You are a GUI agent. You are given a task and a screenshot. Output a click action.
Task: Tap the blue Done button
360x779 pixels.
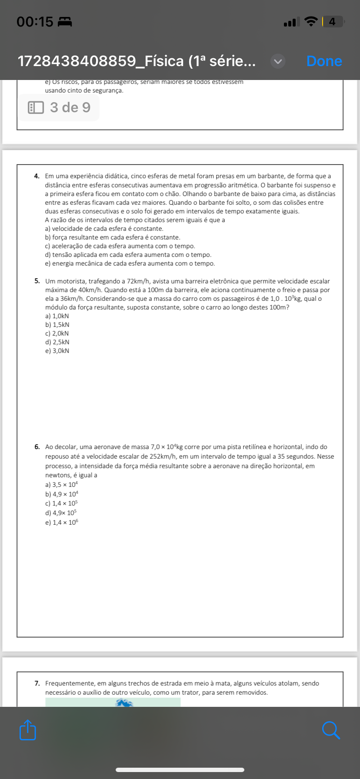pos(324,61)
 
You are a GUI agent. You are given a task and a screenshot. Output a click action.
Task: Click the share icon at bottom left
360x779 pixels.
pos(28,730)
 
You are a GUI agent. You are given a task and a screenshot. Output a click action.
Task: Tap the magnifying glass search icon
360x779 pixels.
pos(331,730)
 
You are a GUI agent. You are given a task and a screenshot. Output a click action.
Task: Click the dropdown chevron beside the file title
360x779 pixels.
pos(278,61)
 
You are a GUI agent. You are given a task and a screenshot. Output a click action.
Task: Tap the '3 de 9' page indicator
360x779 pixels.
pos(59,107)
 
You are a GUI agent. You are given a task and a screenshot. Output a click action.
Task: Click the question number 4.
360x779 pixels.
pos(37,176)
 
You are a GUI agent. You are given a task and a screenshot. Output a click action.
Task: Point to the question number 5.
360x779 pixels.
pos(37,281)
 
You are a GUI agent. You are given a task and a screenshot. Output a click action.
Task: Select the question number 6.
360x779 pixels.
pos(37,447)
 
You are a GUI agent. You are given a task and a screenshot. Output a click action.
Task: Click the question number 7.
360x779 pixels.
pos(37,683)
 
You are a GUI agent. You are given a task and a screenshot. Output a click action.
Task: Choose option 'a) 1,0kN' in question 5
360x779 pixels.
pos(57,316)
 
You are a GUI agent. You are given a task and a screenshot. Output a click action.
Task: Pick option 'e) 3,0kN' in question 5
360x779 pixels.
pos(57,351)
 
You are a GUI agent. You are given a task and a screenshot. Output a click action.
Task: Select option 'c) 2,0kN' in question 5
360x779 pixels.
pos(57,333)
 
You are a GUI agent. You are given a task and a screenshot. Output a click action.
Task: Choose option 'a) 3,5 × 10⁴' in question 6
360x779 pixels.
pos(62,484)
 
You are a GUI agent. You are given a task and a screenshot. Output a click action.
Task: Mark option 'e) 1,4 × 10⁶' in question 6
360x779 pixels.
pos(62,523)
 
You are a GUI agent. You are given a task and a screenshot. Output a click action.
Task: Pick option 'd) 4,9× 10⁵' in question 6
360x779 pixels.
pos(61,513)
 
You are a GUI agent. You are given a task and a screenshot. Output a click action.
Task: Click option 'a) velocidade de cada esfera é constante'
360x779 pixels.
pos(104,229)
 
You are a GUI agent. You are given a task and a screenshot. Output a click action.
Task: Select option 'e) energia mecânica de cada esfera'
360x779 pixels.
pos(130,263)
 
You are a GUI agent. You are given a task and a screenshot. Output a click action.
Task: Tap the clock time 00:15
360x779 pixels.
pos(35,21)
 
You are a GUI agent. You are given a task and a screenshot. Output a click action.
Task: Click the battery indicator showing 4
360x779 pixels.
pos(333,21)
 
